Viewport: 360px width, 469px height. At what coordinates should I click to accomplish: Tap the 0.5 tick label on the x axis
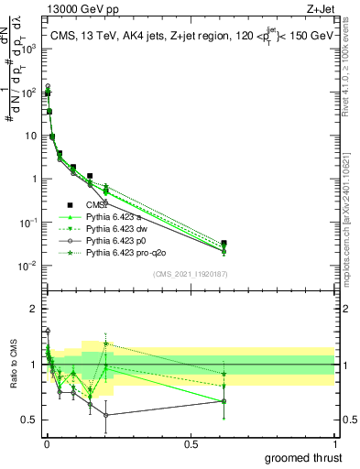coord(191,444)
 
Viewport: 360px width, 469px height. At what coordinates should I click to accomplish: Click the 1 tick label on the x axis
coord(334,444)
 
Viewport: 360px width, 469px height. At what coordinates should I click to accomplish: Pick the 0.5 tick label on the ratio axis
coord(29,420)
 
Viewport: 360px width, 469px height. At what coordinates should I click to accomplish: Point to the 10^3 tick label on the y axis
coord(29,49)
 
